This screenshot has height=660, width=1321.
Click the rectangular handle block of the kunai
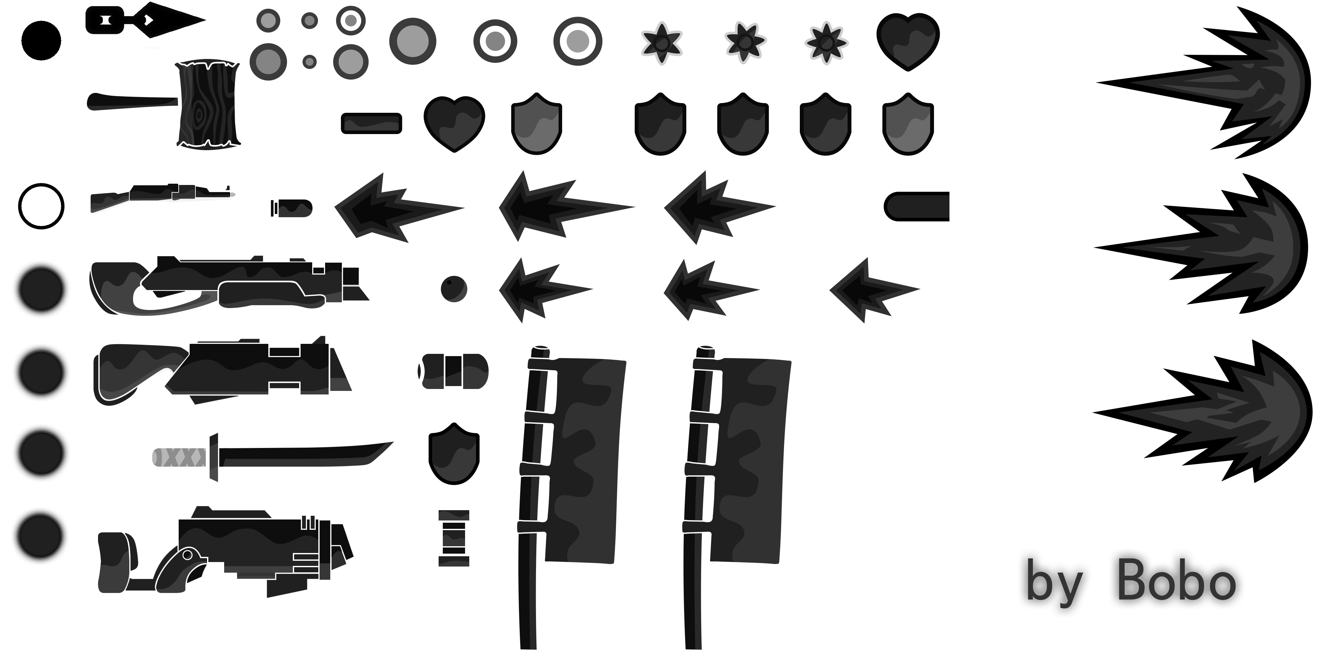[104, 20]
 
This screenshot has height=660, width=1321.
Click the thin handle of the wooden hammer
[132, 102]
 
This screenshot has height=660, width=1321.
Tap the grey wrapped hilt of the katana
[180, 457]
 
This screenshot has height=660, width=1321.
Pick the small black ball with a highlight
[454, 289]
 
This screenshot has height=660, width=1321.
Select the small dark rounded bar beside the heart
[371, 123]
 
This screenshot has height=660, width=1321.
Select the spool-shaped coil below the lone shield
[454, 538]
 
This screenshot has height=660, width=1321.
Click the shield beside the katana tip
[454, 453]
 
